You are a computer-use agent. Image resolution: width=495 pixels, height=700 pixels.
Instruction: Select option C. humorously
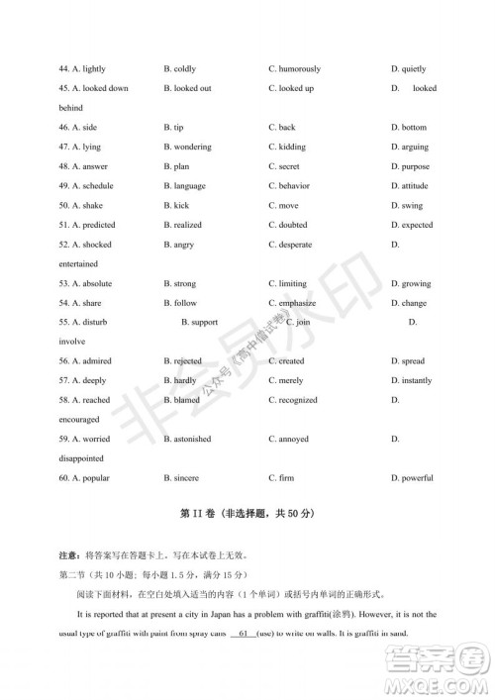(294, 69)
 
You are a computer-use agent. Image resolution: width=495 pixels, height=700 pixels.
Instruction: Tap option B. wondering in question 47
(187, 147)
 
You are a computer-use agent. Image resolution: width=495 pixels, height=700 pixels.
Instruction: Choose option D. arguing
(410, 147)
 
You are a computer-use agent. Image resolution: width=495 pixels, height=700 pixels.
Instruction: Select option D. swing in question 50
(407, 206)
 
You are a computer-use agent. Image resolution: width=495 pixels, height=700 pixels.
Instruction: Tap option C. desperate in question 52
(290, 245)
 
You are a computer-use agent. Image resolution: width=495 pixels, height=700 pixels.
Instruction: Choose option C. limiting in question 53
(287, 284)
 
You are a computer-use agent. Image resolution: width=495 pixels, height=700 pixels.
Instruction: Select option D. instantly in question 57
(412, 380)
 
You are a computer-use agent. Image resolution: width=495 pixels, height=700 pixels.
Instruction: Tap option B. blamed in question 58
(181, 400)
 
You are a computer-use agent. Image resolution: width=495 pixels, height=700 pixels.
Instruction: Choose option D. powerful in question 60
(412, 478)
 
